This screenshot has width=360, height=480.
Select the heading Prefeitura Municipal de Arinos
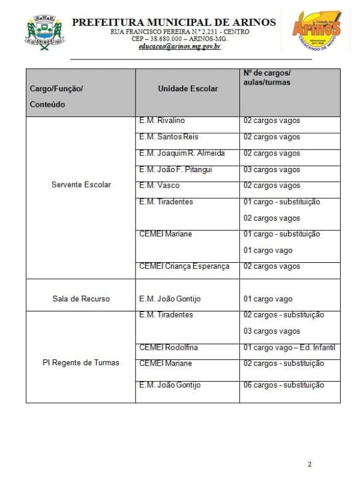[x=174, y=23]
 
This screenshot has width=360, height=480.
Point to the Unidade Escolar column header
[x=188, y=88]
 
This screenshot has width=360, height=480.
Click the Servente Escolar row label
[x=81, y=185]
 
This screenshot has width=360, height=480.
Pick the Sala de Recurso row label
[x=81, y=299]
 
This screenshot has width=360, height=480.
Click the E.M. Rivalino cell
[x=158, y=121]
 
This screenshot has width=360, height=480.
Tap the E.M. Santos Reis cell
[x=164, y=137]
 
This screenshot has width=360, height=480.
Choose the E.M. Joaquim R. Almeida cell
[x=182, y=153]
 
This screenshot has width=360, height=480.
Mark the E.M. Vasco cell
[x=155, y=185]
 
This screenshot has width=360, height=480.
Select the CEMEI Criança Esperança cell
[x=184, y=266]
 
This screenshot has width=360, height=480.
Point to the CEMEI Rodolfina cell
[x=169, y=347]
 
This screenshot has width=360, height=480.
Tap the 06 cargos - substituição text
[x=284, y=385]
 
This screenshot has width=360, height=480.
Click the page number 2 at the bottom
[x=310, y=464]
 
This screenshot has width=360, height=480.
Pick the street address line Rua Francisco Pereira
[x=174, y=32]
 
